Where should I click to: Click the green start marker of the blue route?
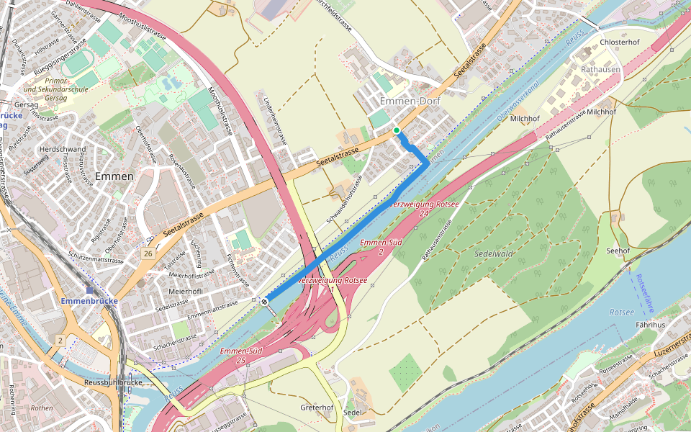[x=396, y=130]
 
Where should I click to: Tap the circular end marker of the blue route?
[x=266, y=302]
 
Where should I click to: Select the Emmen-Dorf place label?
[x=410, y=102]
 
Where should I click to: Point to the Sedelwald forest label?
[x=493, y=253]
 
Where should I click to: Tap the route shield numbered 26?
[x=148, y=254]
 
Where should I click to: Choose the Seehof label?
[x=618, y=251]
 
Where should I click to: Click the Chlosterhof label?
[x=620, y=42]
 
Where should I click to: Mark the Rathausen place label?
[x=601, y=69]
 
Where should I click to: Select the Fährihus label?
[x=650, y=325]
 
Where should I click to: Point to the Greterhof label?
[x=317, y=408]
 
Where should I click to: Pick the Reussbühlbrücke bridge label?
[x=112, y=382]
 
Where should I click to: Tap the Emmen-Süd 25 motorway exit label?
[x=241, y=355]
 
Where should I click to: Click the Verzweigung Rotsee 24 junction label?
[x=424, y=209]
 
